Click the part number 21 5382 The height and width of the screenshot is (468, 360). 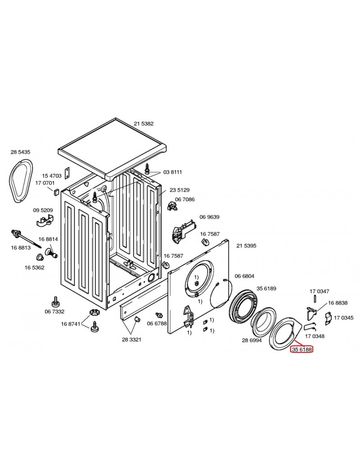(x=144, y=124)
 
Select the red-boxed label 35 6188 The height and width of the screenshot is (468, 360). (x=301, y=349)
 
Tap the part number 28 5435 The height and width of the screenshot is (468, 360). (x=20, y=152)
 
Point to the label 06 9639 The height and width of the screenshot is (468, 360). (x=209, y=217)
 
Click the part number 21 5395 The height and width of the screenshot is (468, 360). (x=246, y=246)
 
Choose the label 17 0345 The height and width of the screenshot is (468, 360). (x=344, y=318)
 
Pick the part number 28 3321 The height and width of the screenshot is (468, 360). (x=132, y=339)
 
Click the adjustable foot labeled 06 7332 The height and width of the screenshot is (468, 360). (x=55, y=302)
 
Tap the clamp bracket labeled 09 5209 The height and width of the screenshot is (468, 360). (x=45, y=220)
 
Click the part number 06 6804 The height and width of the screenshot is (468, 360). (x=244, y=276)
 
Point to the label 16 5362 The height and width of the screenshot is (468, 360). (x=34, y=267)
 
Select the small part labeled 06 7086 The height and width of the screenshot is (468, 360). (x=172, y=206)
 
